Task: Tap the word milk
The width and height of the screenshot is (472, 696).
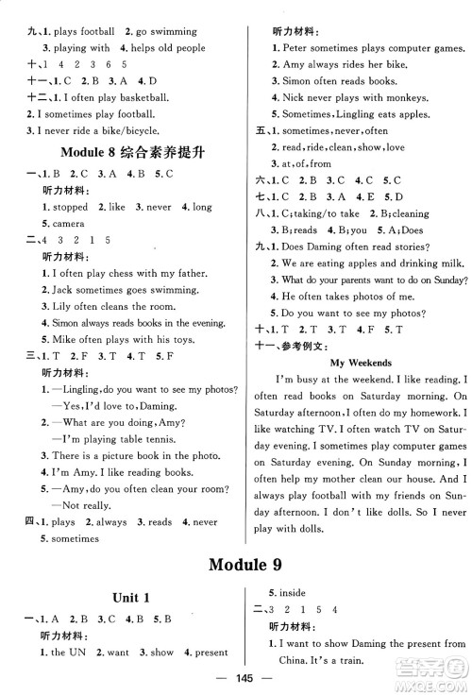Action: click(447, 263)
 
